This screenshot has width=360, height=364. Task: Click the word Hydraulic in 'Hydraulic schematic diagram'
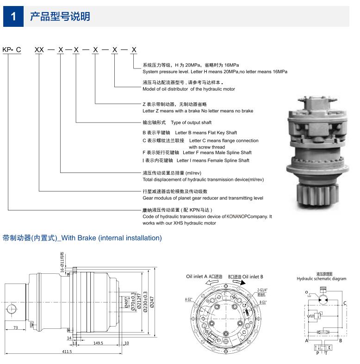click(x=306, y=279)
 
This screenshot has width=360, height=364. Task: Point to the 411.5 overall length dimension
click(x=67, y=352)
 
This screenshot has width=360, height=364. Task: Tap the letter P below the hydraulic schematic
click(x=317, y=353)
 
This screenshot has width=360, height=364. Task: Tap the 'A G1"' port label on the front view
click(x=189, y=299)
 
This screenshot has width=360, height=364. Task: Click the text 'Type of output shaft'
click(x=191, y=123)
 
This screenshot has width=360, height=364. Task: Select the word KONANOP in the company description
click(x=238, y=216)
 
